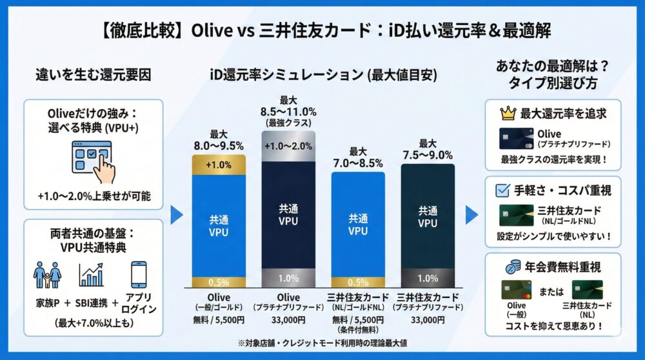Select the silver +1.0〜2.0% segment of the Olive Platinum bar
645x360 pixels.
click(x=288, y=145)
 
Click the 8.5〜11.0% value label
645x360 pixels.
click(x=288, y=111)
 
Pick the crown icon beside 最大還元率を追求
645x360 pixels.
click(x=508, y=114)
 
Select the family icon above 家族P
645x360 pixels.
click(x=48, y=274)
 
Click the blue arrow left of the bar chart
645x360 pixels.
click(x=176, y=215)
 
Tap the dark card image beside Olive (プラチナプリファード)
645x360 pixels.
click(x=515, y=138)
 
